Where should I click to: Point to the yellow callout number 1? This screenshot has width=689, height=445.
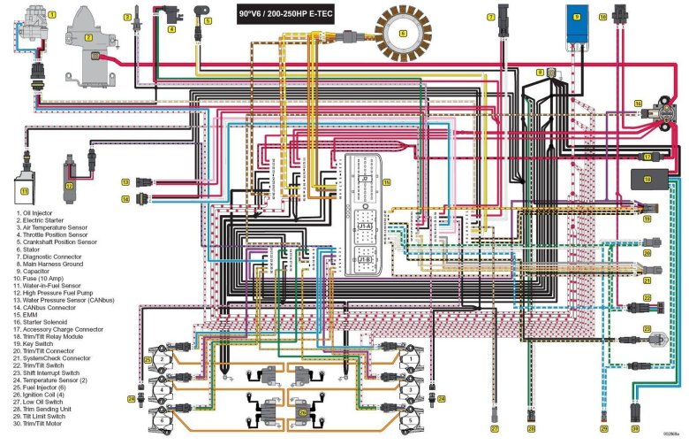[x=52, y=14]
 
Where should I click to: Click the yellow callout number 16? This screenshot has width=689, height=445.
[x=638, y=104]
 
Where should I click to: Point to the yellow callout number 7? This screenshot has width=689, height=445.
[x=491, y=16]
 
